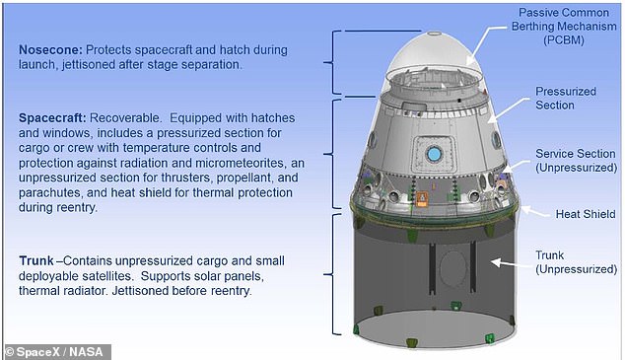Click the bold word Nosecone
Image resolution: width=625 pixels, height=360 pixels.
(50, 48)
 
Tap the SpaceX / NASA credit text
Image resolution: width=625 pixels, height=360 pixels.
(57, 350)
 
